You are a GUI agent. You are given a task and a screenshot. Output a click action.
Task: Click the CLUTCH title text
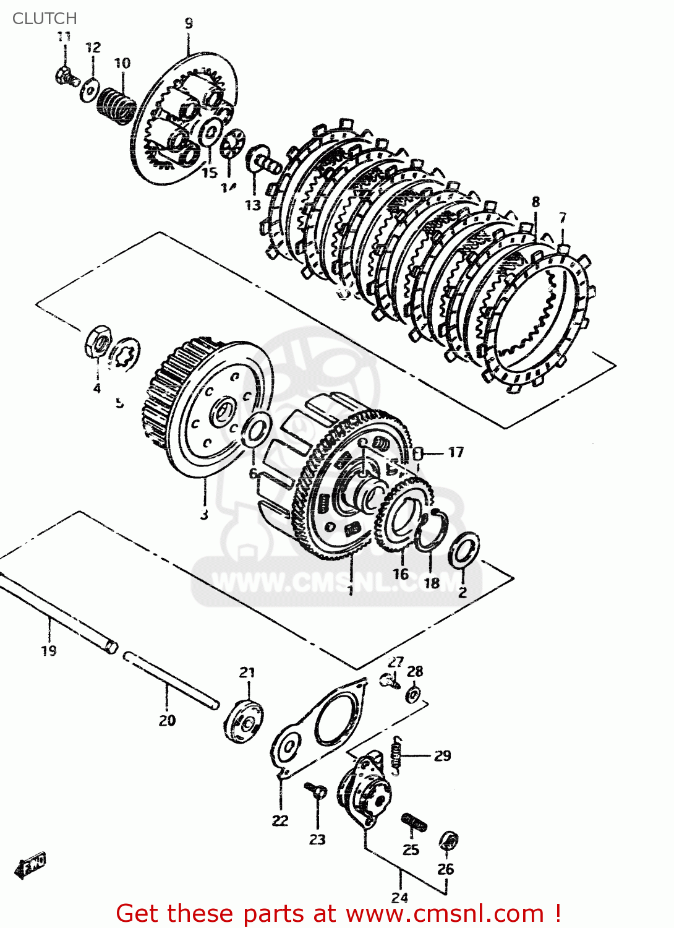(x=45, y=19)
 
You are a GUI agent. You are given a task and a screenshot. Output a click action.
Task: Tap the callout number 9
(x=189, y=24)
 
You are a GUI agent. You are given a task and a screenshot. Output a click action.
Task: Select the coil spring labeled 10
(x=117, y=105)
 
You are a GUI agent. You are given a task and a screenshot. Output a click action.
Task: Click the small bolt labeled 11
(x=65, y=77)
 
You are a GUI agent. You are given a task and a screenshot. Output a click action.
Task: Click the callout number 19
(x=49, y=650)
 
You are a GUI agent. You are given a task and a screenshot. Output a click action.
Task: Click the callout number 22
(x=280, y=820)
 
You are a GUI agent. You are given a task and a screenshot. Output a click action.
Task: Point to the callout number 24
(x=399, y=897)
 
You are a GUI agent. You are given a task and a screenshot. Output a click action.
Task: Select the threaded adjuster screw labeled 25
(x=414, y=823)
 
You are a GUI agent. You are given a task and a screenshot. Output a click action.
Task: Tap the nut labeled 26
(x=448, y=841)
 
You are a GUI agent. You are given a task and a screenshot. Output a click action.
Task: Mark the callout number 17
(x=456, y=452)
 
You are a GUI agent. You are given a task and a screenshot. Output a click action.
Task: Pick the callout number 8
(x=535, y=202)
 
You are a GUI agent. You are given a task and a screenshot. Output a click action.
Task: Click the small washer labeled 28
(x=414, y=694)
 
